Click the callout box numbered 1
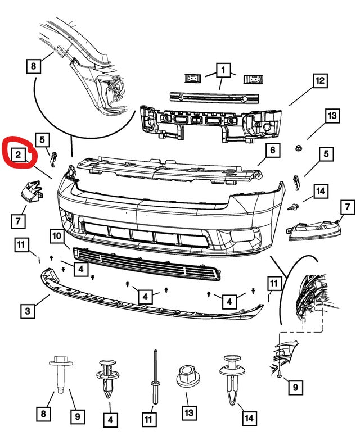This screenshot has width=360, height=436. tap(223, 71)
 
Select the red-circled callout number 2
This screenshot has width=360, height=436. tap(19, 154)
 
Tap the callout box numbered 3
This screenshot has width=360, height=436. tap(26, 310)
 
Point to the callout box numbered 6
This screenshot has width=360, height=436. tap(271, 151)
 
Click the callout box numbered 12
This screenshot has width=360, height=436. tap(319, 81)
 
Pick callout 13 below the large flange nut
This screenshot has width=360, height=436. tap(188, 413)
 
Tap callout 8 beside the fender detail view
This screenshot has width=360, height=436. tap(33, 67)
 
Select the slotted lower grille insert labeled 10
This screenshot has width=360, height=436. tap(146, 264)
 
